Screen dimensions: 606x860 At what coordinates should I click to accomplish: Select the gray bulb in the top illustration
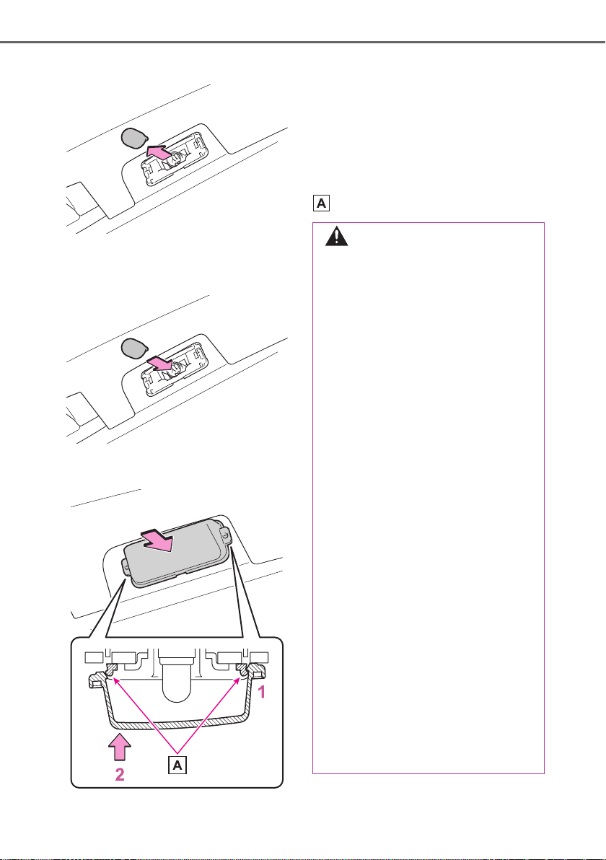click(x=133, y=138)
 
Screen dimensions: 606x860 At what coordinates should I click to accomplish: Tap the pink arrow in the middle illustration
click(x=162, y=365)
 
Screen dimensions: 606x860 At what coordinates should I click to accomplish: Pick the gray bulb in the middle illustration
click(x=133, y=348)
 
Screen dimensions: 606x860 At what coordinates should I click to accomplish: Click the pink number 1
click(x=262, y=692)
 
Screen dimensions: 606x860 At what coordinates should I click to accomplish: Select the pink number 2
click(x=119, y=774)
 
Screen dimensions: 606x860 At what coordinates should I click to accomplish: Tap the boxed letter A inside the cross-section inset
click(x=177, y=765)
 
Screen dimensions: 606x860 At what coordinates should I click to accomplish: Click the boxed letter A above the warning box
click(x=321, y=203)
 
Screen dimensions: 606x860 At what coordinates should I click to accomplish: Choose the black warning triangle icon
click(x=337, y=237)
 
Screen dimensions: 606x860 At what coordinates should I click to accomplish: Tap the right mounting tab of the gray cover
click(x=226, y=533)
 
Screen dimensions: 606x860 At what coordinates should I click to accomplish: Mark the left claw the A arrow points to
click(x=111, y=669)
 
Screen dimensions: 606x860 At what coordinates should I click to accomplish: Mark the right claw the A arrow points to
click(x=241, y=669)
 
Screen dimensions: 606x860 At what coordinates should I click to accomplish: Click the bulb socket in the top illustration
click(x=175, y=159)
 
